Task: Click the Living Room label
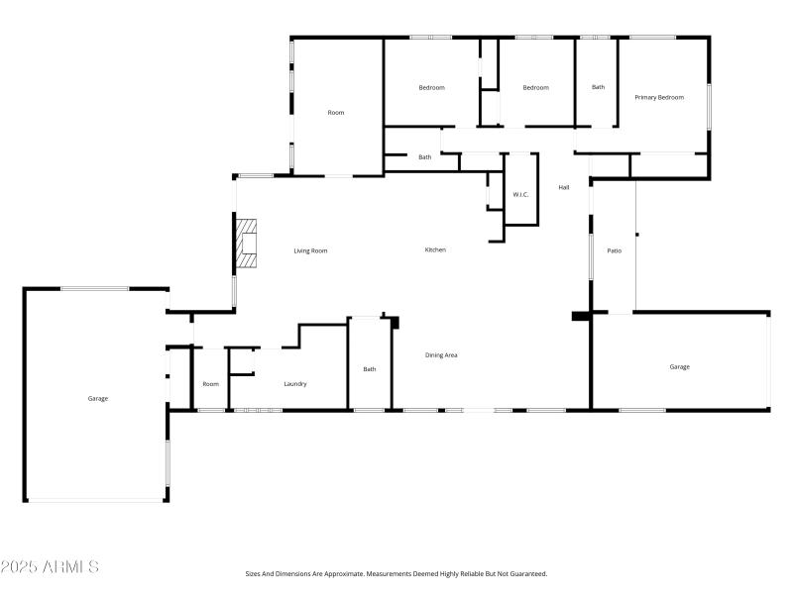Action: coord(310,250)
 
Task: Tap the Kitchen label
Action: coord(435,249)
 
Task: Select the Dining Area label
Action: coord(441,355)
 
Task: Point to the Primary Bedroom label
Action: coord(659,97)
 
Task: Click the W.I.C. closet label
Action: coord(520,194)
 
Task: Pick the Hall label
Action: coord(563,187)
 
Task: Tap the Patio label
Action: coord(615,250)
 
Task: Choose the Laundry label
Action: coord(295,384)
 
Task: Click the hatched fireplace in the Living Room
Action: coord(246,244)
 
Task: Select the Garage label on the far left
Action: coord(97,398)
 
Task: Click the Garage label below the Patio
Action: coord(679,366)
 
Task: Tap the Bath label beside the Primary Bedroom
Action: coord(598,87)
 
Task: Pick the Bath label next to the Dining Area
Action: coord(370,369)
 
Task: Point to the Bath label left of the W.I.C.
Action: coord(424,156)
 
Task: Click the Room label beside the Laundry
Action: coord(210,384)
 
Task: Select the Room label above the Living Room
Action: coord(336,113)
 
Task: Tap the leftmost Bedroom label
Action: coord(431,87)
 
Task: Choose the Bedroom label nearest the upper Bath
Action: coord(535,87)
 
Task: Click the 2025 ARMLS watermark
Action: coord(50,567)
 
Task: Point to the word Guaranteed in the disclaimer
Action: coord(524,573)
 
